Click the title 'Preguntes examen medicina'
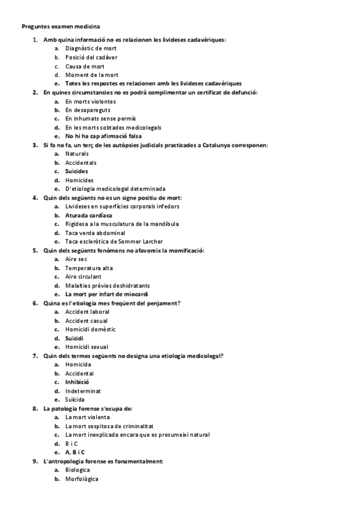[61, 26]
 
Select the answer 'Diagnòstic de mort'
[91, 48]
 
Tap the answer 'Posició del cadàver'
[91, 57]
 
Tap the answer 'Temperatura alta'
[90, 268]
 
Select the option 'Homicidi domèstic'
[90, 330]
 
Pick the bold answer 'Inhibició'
[77, 382]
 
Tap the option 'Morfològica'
[82, 479]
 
